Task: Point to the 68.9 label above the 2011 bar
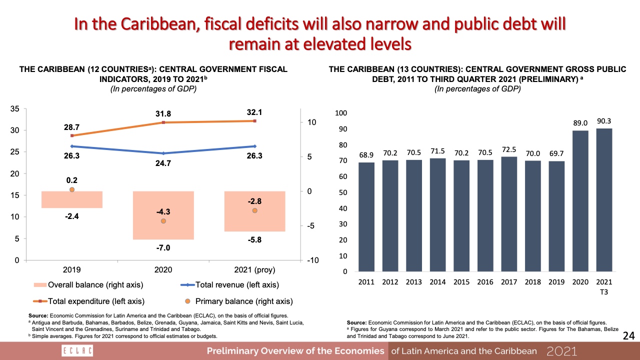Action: tap(366, 155)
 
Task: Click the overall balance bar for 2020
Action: tap(163, 215)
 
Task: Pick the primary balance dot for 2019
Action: tap(72, 190)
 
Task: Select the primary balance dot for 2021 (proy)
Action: tap(254, 210)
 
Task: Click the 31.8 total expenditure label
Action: tap(163, 113)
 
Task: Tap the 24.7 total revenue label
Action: tap(163, 163)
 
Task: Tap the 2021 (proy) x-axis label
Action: tap(254, 270)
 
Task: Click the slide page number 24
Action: tap(628, 336)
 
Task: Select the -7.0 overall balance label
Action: tap(163, 247)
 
